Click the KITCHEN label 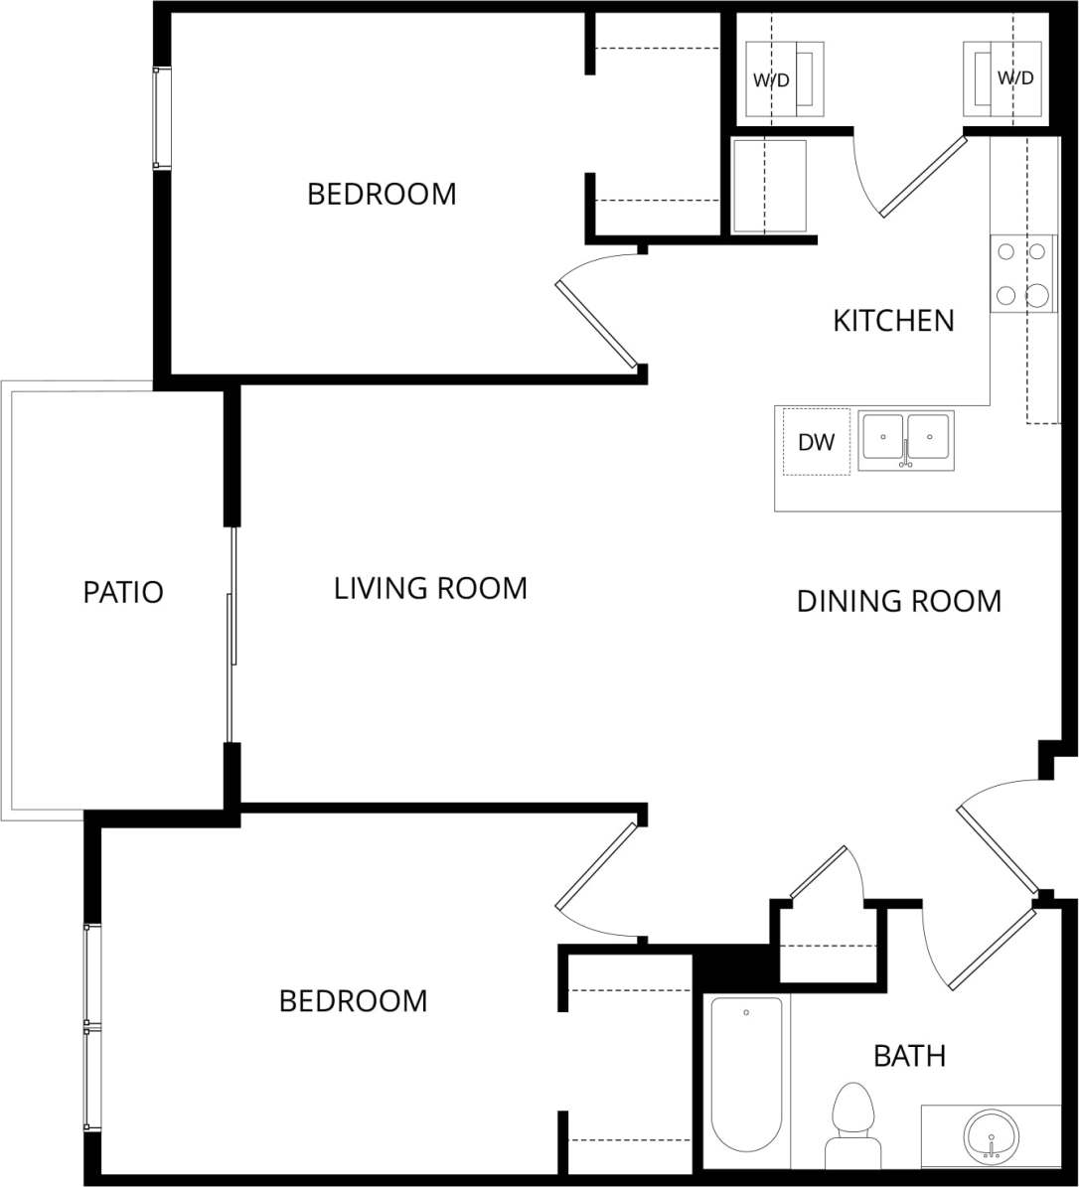[x=893, y=321]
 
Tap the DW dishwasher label [x=817, y=443]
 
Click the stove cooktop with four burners [x=1023, y=273]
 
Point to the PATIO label [x=123, y=593]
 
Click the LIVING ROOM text [x=430, y=588]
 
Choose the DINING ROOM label [x=898, y=601]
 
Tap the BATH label [x=909, y=1056]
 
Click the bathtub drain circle [x=746, y=1013]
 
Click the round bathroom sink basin [x=991, y=1134]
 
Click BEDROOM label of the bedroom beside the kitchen [x=382, y=194]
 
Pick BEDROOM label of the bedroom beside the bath [x=353, y=1000]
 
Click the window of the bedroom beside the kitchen [x=161, y=118]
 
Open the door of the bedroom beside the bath [x=596, y=866]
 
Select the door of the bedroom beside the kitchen [x=597, y=324]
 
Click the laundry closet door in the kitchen [x=923, y=176]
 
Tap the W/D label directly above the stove [x=1015, y=78]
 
